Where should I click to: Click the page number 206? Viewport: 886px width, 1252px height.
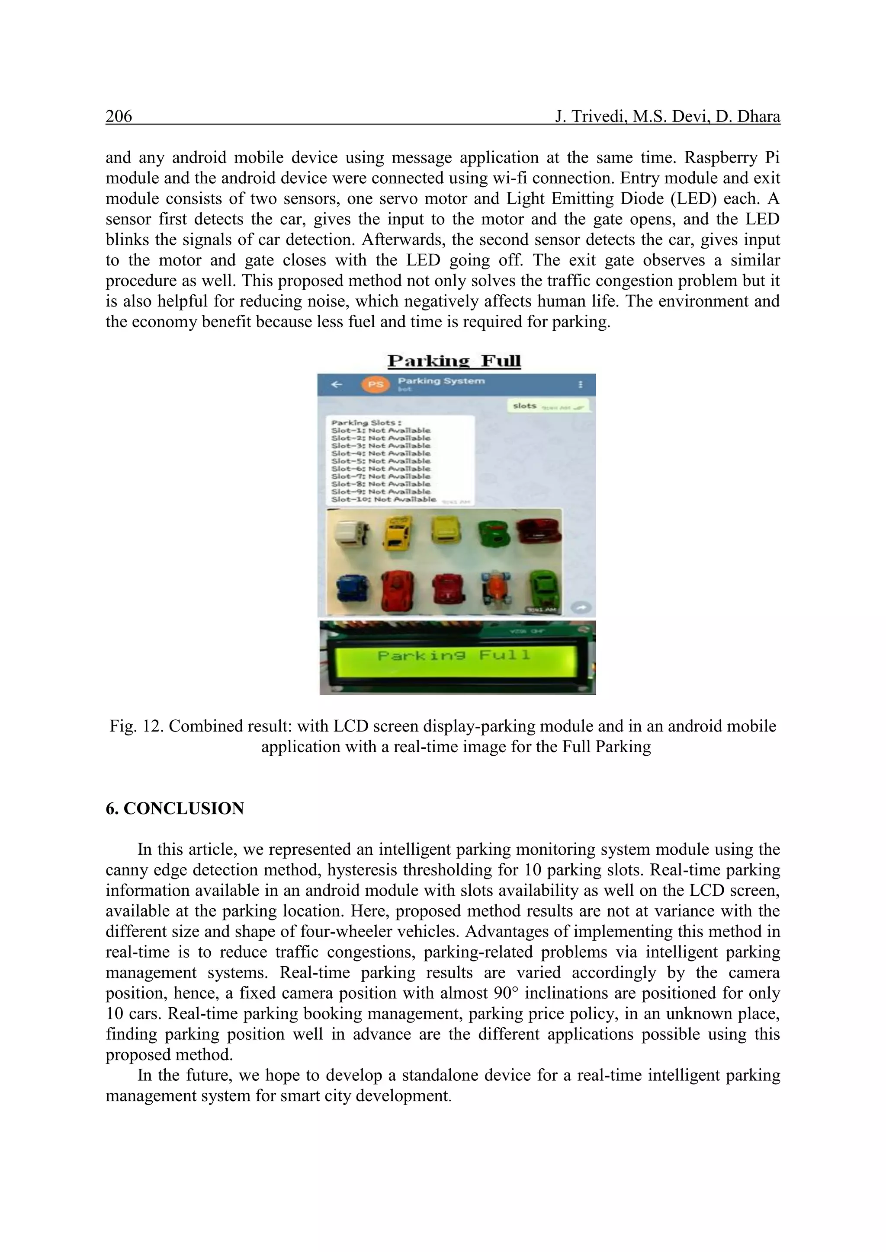pos(119,117)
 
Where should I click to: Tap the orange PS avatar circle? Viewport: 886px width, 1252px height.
pos(376,384)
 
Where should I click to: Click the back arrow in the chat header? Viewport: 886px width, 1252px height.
pos(337,384)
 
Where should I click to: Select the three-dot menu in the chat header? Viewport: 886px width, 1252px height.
pos(580,384)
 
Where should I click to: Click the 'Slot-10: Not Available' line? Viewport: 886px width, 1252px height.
pos(384,499)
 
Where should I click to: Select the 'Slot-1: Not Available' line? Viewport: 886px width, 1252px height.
pos(381,430)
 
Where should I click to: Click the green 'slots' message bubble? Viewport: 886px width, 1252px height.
pos(548,406)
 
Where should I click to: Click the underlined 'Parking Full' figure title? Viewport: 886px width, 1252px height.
pos(454,361)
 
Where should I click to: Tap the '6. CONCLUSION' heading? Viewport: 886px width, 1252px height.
pos(175,809)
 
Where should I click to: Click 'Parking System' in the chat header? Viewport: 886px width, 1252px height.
pos(441,380)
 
